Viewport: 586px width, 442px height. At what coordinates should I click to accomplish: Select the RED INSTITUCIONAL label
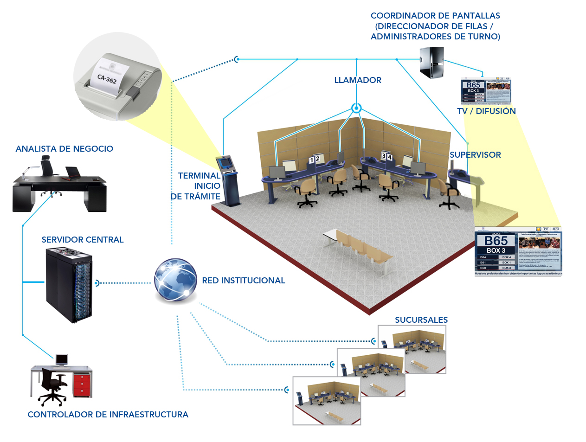(243, 281)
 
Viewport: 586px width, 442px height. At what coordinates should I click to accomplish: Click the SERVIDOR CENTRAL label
(83, 240)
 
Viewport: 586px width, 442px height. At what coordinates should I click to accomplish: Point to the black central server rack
(69, 285)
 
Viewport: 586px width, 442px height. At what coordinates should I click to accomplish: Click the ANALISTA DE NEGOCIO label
(64, 149)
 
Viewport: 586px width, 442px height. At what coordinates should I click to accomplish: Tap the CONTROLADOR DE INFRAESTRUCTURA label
(108, 415)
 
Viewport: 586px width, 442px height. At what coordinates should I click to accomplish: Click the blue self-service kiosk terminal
(229, 181)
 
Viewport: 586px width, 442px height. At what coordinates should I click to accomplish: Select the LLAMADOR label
(357, 80)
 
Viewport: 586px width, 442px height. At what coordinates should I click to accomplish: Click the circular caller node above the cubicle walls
(356, 109)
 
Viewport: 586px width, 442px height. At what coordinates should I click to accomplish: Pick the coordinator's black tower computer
(431, 62)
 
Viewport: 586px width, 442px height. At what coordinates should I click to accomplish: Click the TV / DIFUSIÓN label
(486, 111)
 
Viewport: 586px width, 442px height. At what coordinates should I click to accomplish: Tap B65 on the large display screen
(496, 241)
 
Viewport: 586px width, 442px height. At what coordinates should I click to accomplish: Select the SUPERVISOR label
(475, 155)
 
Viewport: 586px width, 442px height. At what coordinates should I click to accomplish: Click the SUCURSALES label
(421, 320)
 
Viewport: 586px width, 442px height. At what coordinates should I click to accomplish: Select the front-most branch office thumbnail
(327, 401)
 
